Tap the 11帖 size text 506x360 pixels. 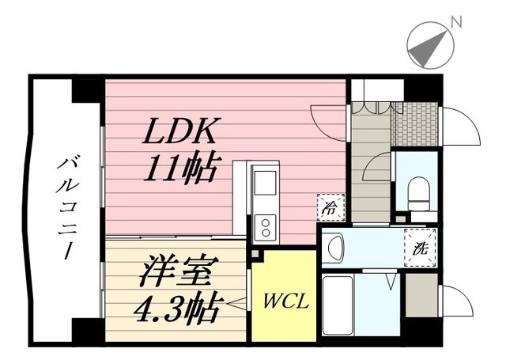(x=180, y=169)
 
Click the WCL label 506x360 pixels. (x=281, y=302)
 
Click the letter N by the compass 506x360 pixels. (x=456, y=22)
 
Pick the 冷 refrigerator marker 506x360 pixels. (x=329, y=207)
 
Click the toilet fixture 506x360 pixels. (x=418, y=192)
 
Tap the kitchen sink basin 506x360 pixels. (x=265, y=184)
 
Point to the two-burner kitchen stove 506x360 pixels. (x=265, y=229)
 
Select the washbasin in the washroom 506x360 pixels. (x=334, y=249)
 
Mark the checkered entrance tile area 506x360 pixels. (x=415, y=124)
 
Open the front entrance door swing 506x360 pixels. (x=461, y=127)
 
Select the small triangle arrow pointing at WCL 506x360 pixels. (x=236, y=301)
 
